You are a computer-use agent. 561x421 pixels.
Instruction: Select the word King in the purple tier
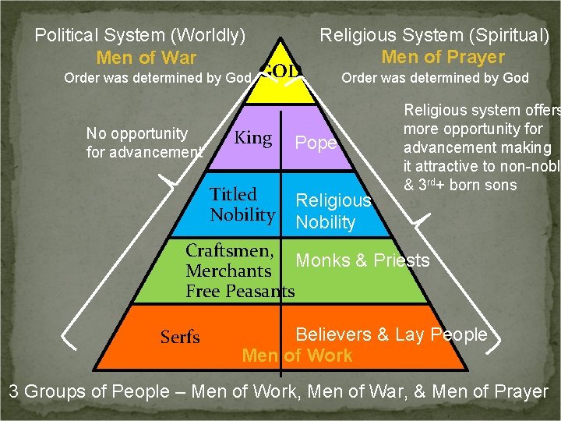[253, 139]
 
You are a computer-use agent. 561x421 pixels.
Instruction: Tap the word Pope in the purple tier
[316, 143]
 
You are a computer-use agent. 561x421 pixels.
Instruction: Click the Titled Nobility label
[242, 204]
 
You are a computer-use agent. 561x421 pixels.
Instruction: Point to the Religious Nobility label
[333, 211]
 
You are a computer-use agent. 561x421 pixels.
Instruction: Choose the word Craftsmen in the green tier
[230, 251]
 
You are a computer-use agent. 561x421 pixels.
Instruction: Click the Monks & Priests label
[362, 260]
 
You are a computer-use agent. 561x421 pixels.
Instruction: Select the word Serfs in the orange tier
[180, 337]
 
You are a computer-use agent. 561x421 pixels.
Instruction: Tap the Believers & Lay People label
[391, 334]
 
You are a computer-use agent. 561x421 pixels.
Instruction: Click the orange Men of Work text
[297, 356]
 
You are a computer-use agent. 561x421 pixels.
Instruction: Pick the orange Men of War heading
[146, 58]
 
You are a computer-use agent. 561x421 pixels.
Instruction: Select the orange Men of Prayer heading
[443, 57]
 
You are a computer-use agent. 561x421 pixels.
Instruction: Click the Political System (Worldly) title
[141, 35]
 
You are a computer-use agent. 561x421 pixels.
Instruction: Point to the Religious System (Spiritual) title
[435, 35]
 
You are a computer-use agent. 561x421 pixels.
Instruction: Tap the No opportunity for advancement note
[143, 143]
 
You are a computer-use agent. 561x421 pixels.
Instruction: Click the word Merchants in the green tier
[228, 271]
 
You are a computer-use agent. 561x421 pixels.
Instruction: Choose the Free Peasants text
[240, 292]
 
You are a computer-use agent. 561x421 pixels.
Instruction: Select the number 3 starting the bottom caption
[14, 391]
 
